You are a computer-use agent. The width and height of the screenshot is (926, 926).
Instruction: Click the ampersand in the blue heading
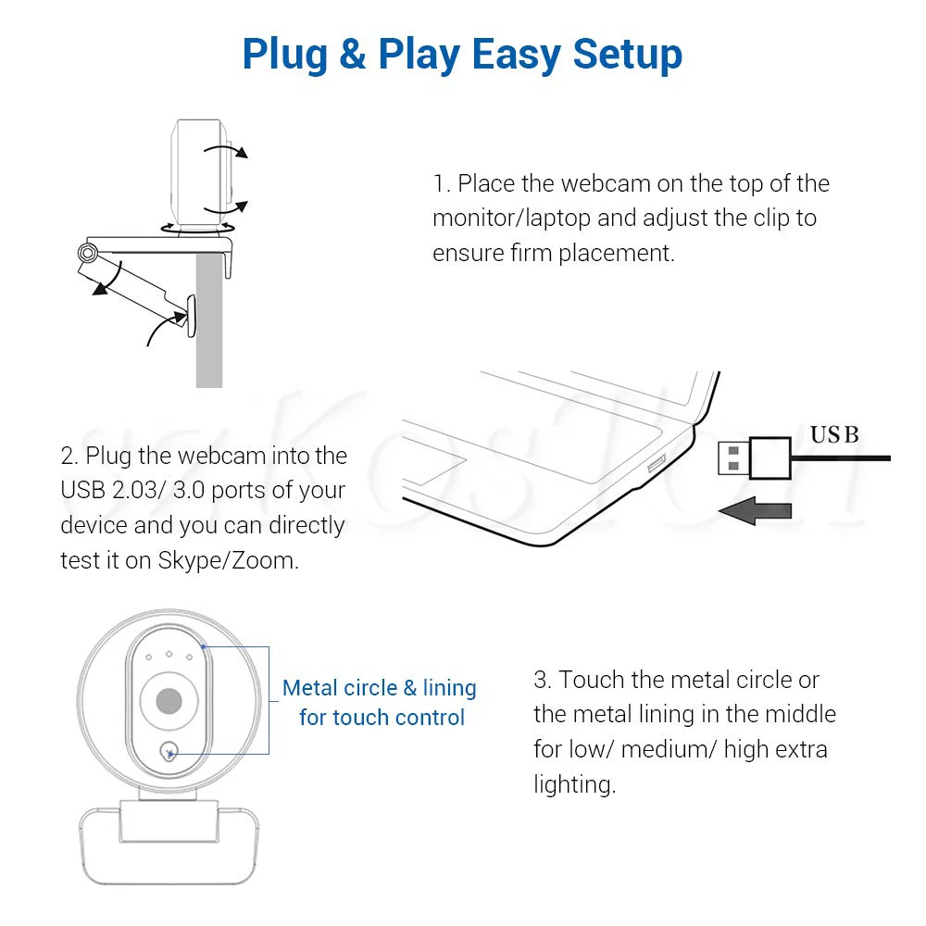click(353, 54)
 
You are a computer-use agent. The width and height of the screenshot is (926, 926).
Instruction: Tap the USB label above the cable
click(834, 434)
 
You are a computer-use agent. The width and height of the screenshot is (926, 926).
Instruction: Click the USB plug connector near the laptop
click(755, 457)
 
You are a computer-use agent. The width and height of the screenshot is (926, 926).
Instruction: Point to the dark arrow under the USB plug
click(755, 511)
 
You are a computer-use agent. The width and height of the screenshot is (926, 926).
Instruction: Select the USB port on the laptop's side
click(657, 464)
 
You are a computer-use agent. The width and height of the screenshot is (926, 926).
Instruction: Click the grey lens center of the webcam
click(169, 701)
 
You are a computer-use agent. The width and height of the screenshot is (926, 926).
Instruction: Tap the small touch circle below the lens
click(169, 752)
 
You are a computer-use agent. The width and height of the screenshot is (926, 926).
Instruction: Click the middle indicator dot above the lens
click(169, 654)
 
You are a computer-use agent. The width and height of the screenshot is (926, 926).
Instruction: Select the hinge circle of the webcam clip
click(87, 253)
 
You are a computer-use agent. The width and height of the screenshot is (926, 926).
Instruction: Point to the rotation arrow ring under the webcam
click(198, 229)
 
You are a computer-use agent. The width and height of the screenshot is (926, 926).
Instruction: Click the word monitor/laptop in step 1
click(511, 219)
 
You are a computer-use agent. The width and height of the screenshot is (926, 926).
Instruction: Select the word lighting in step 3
click(575, 785)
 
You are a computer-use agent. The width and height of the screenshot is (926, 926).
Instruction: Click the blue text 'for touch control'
click(382, 718)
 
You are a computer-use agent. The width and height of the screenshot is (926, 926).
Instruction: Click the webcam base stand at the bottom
click(169, 845)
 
